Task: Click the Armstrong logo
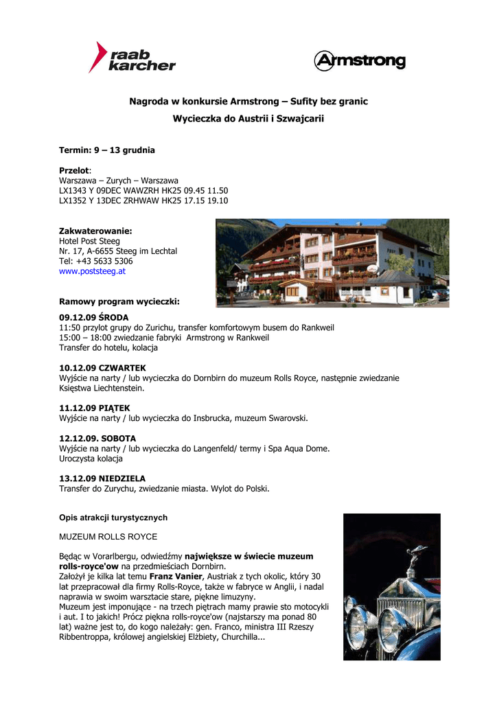(359, 61)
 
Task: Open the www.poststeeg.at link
(92, 271)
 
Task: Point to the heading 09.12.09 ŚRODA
(93, 318)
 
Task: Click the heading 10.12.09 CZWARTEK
(102, 368)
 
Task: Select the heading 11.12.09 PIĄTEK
(94, 408)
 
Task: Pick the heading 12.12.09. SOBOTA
(97, 438)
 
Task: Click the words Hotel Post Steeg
(89, 241)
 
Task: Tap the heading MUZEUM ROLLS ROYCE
(108, 536)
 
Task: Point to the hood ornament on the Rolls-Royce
(416, 555)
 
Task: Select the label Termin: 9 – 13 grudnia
(106, 150)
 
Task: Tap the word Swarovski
(286, 417)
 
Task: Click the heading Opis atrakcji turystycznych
(113, 518)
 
